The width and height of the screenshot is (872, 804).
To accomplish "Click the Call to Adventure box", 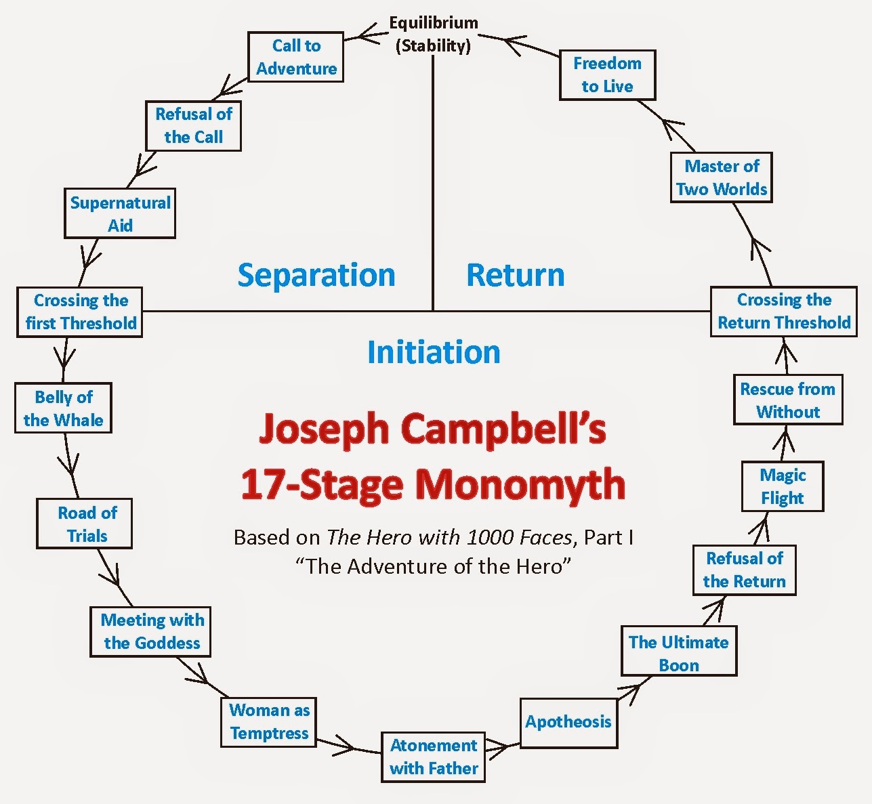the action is coord(295,57).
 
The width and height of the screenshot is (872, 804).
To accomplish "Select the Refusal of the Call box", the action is coord(193,126).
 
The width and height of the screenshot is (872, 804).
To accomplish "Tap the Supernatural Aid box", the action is coord(120,213).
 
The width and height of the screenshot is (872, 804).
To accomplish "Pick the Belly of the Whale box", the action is coord(63,408).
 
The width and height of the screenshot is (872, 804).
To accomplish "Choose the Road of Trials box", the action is coord(84,524).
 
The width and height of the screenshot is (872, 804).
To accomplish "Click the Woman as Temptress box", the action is coord(269,722).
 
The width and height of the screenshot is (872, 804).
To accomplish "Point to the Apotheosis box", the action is coord(568,723).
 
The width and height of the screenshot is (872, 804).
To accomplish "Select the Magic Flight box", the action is coord(783,486).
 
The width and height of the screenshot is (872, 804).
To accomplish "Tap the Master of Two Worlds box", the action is coord(721,177).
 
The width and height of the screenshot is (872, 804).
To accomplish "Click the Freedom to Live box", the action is coord(607,75).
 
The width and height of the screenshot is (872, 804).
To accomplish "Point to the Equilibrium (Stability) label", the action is coord(434,35).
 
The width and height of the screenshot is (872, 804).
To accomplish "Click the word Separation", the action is coord(316,275).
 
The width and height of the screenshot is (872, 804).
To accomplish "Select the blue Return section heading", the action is coord(515,275).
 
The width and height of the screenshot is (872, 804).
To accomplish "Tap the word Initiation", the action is coord(434,352).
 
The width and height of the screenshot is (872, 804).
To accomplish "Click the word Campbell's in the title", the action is coord(503,430).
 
